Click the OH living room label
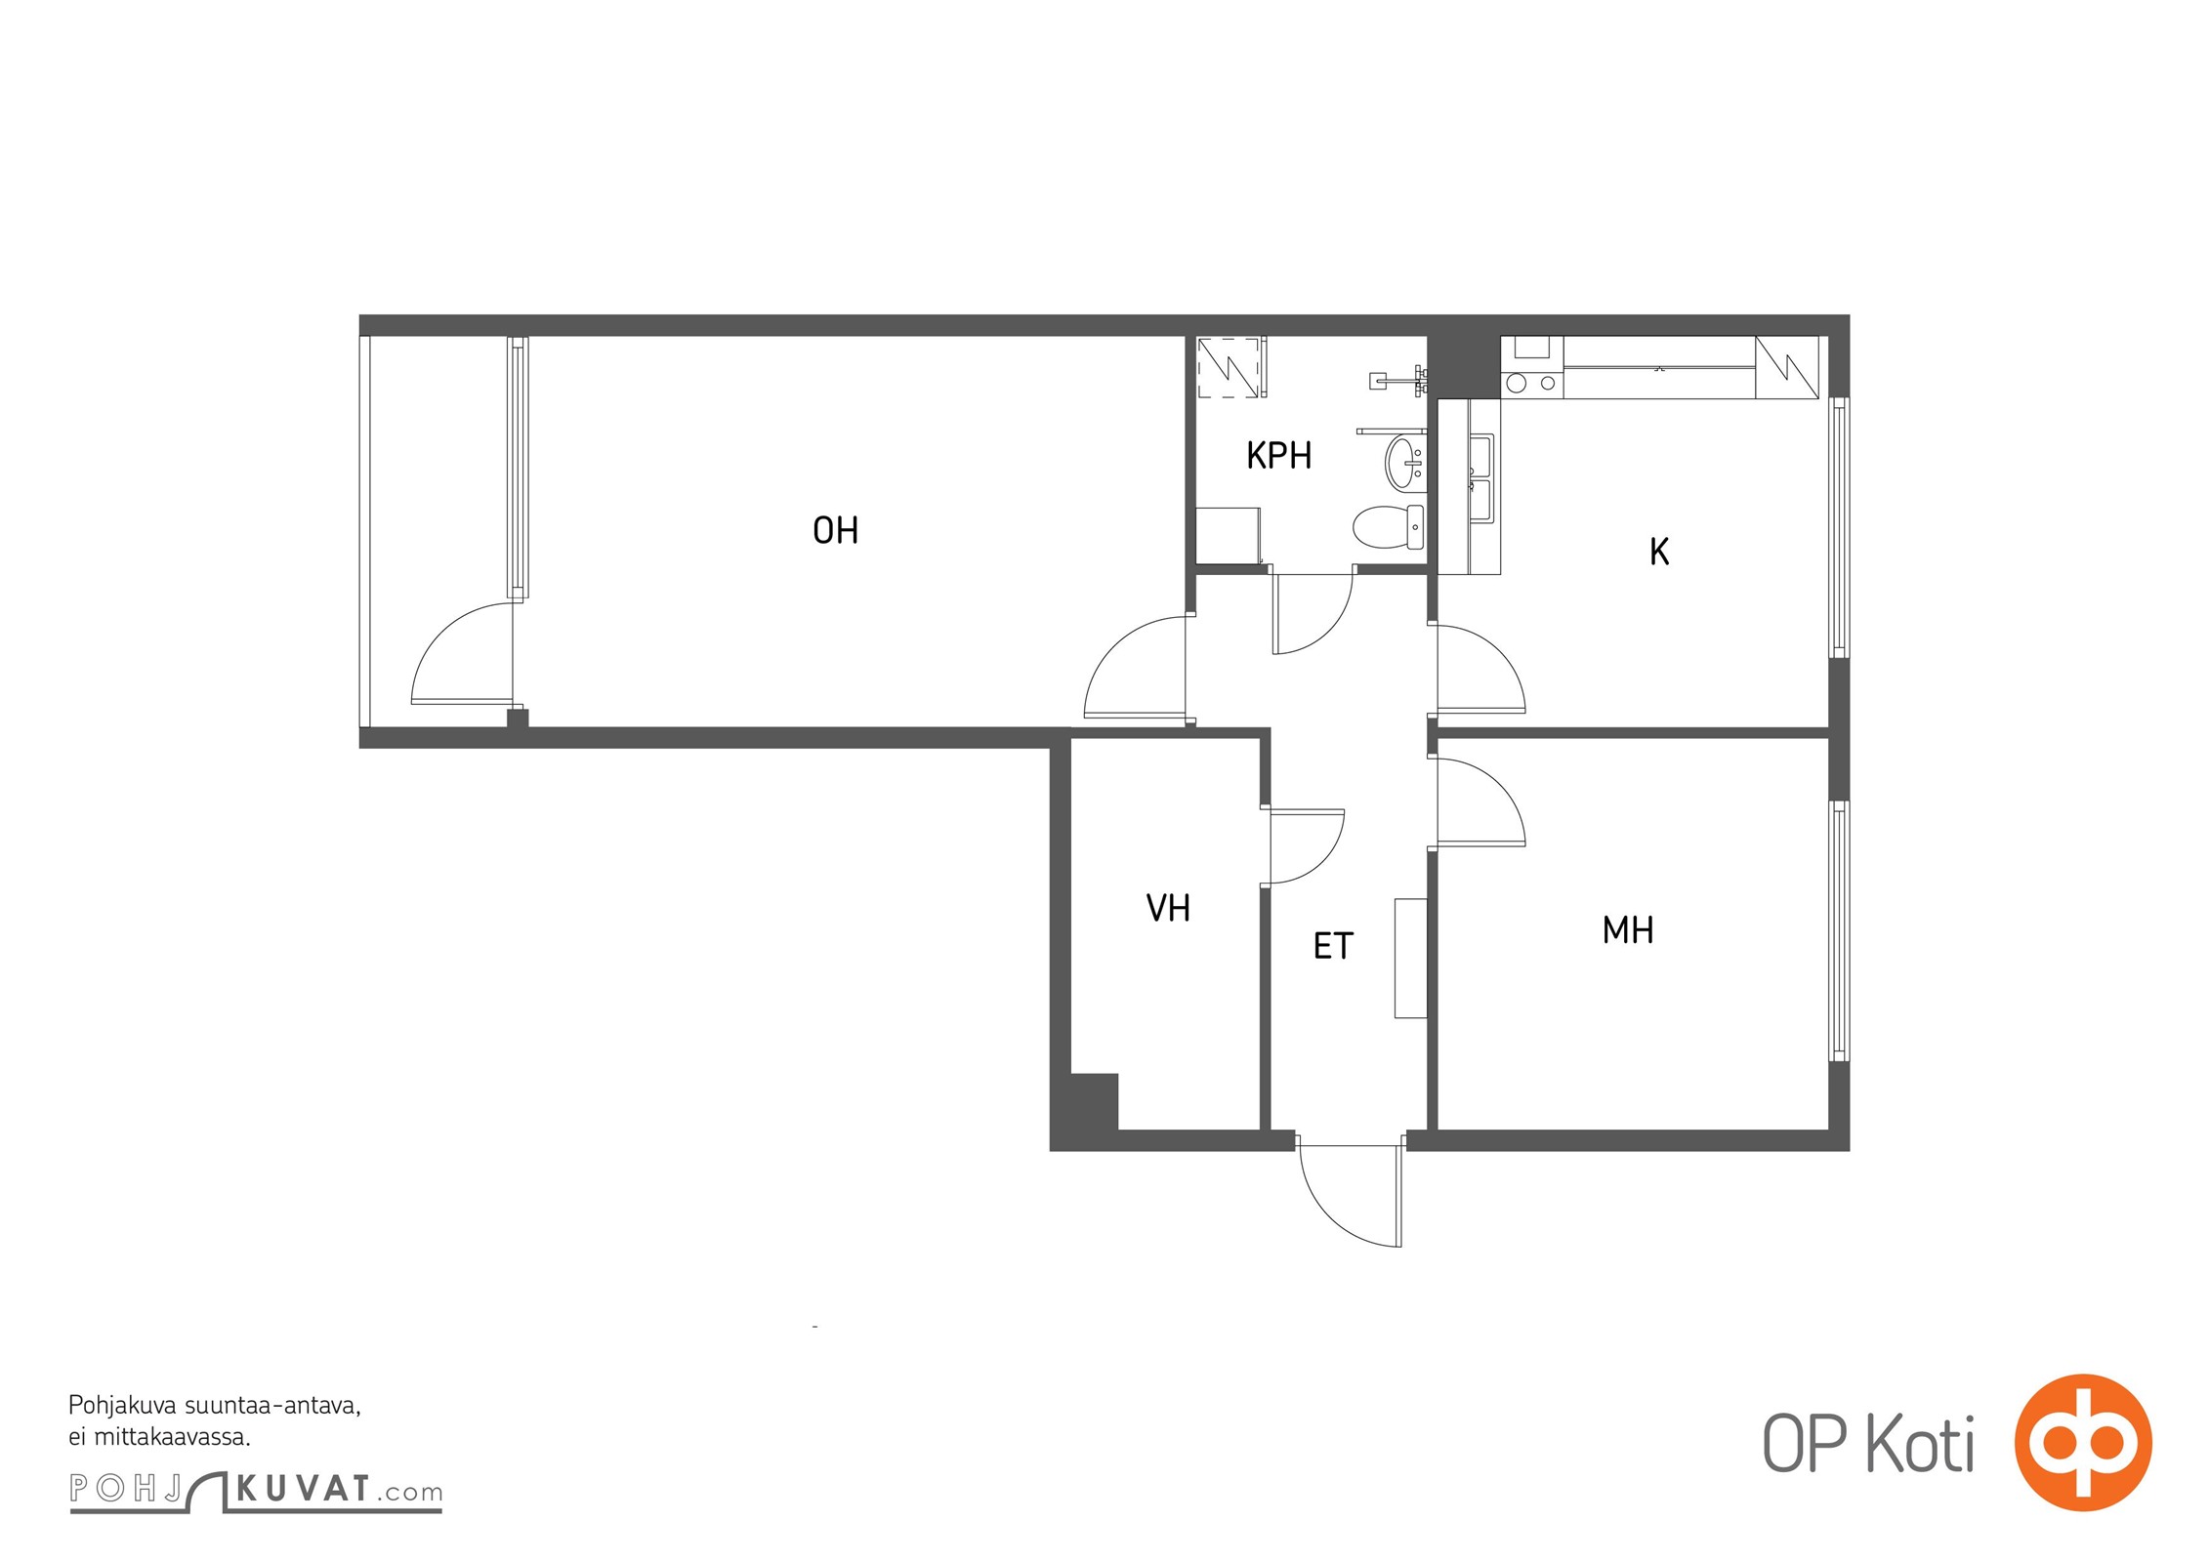pyautogui.click(x=835, y=530)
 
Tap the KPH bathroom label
pyautogui.click(x=1278, y=456)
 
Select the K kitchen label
pyautogui.click(x=1659, y=552)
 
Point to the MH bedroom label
pyautogui.click(x=1628, y=930)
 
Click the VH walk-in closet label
pyautogui.click(x=1168, y=909)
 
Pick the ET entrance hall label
pyautogui.click(x=1333, y=946)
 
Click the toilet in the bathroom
pyautogui.click(x=1389, y=527)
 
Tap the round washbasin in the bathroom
pyautogui.click(x=1405, y=462)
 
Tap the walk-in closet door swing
pyautogui.click(x=1307, y=846)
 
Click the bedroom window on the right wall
pyautogui.click(x=1839, y=931)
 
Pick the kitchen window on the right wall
pyautogui.click(x=1839, y=527)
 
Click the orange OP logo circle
pyautogui.click(x=2083, y=1442)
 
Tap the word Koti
pyautogui.click(x=1921, y=1444)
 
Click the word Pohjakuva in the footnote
pyautogui.click(x=122, y=1407)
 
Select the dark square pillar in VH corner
pyautogui.click(x=1094, y=1101)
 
